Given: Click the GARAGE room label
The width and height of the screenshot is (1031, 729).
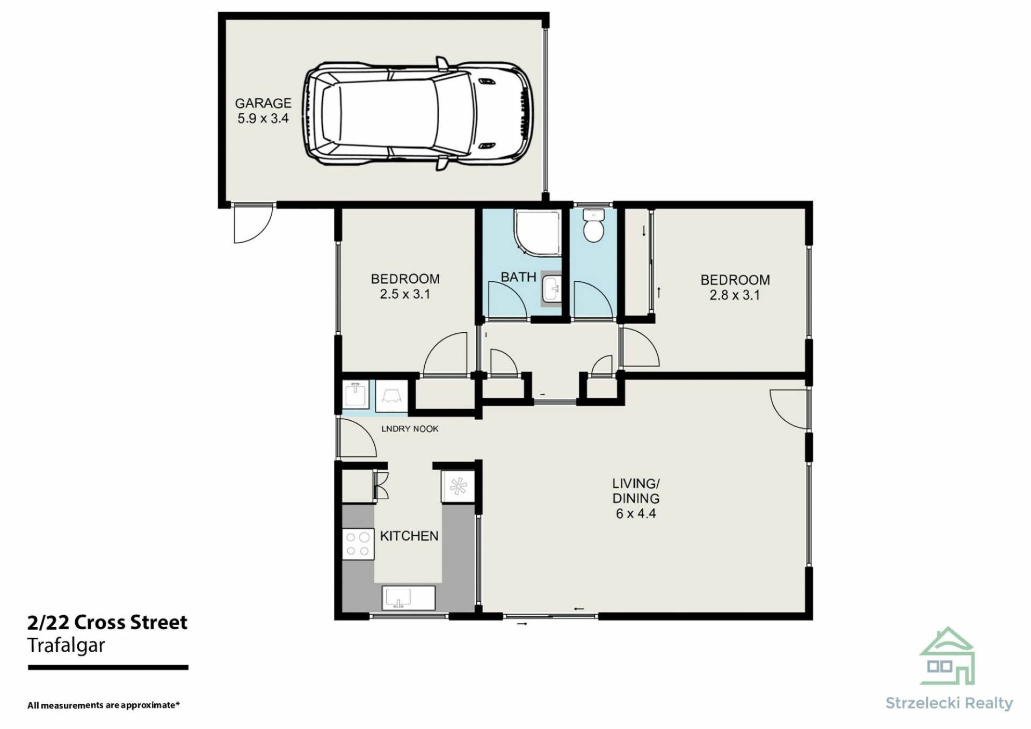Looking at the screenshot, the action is [x=263, y=103].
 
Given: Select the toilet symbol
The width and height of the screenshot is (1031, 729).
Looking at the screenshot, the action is [x=593, y=225].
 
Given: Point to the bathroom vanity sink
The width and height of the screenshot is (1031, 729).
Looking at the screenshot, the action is [x=551, y=288].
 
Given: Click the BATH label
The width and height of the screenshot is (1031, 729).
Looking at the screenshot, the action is [x=518, y=277].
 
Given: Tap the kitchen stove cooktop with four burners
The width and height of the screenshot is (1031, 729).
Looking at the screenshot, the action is [x=358, y=544].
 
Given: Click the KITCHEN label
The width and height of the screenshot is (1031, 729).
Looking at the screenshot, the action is [x=409, y=536].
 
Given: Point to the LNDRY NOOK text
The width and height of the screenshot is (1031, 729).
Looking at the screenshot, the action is [x=410, y=429].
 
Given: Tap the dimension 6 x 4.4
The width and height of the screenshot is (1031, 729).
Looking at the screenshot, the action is [x=636, y=514].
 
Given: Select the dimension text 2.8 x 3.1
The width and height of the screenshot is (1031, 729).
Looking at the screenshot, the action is [x=735, y=295].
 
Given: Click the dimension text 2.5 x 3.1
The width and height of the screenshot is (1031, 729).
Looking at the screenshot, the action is [x=405, y=294].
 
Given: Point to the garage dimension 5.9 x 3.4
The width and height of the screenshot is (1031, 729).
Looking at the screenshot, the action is [x=263, y=119].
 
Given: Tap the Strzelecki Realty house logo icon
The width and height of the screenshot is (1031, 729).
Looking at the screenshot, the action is [x=947, y=656].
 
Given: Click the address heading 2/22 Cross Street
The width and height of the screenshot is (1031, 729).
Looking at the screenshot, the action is [x=107, y=622].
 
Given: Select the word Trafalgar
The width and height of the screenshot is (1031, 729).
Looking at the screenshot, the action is [x=66, y=645].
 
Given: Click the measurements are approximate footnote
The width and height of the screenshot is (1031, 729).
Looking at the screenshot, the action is [x=104, y=705].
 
